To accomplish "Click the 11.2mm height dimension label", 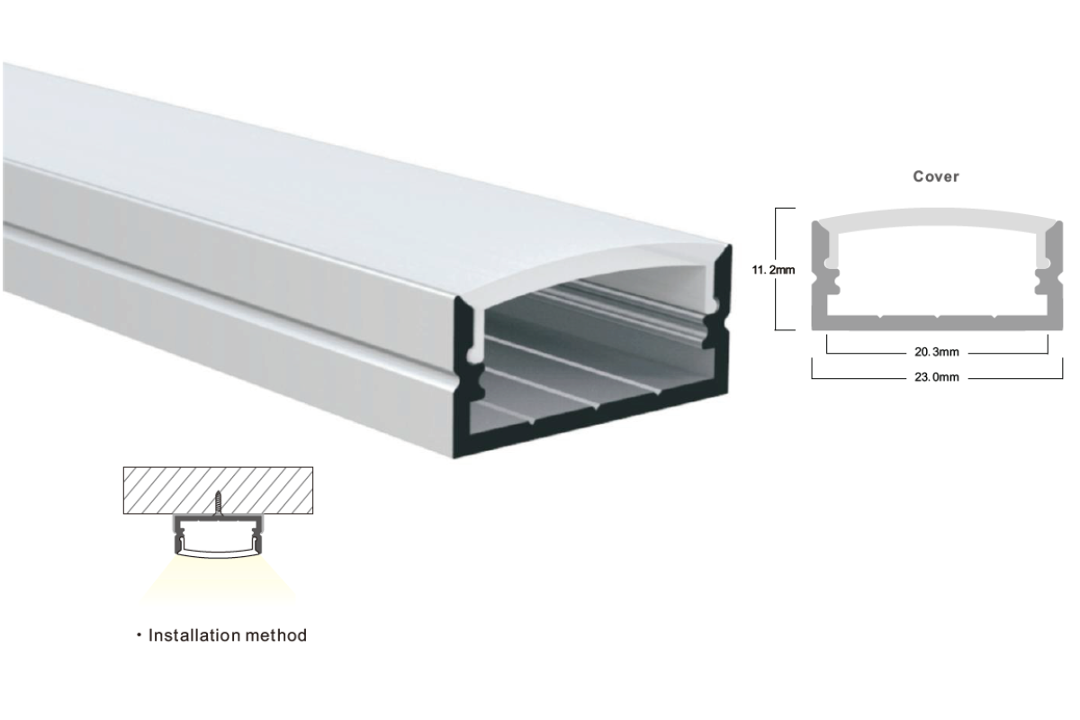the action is pyautogui.click(x=773, y=270).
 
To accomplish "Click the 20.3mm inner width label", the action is pyautogui.click(x=937, y=353).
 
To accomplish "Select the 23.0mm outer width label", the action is pyautogui.click(x=937, y=377).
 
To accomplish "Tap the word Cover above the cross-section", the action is pyautogui.click(x=936, y=176).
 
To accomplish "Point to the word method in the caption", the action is pyautogui.click(x=276, y=635).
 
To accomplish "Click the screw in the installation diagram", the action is pyautogui.click(x=219, y=503).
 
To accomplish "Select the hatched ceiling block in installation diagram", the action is pyautogui.click(x=218, y=490).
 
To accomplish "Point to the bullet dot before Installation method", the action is pyautogui.click(x=139, y=635).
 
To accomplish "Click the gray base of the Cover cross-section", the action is pyautogui.click(x=937, y=323).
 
